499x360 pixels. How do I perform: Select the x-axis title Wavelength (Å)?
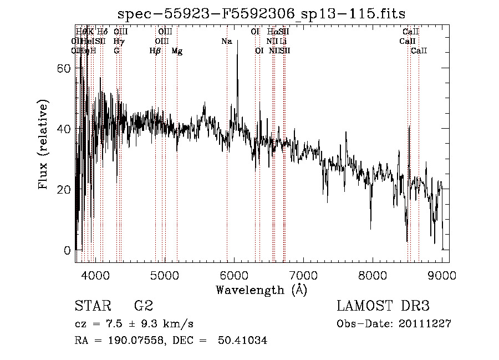tap(261, 290)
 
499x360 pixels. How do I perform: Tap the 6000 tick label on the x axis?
tap(233, 276)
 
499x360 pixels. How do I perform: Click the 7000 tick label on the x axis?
tap(303, 276)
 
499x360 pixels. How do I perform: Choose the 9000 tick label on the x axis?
tap(442, 276)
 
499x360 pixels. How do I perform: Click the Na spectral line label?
tap(226, 41)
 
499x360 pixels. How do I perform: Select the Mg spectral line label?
tap(177, 50)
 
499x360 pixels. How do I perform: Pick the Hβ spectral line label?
tap(155, 50)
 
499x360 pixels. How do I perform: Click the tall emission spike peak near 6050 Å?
tap(237, 41)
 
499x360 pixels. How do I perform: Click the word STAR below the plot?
tap(93, 306)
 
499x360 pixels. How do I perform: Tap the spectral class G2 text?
tap(144, 306)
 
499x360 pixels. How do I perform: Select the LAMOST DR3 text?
tap(383, 306)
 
